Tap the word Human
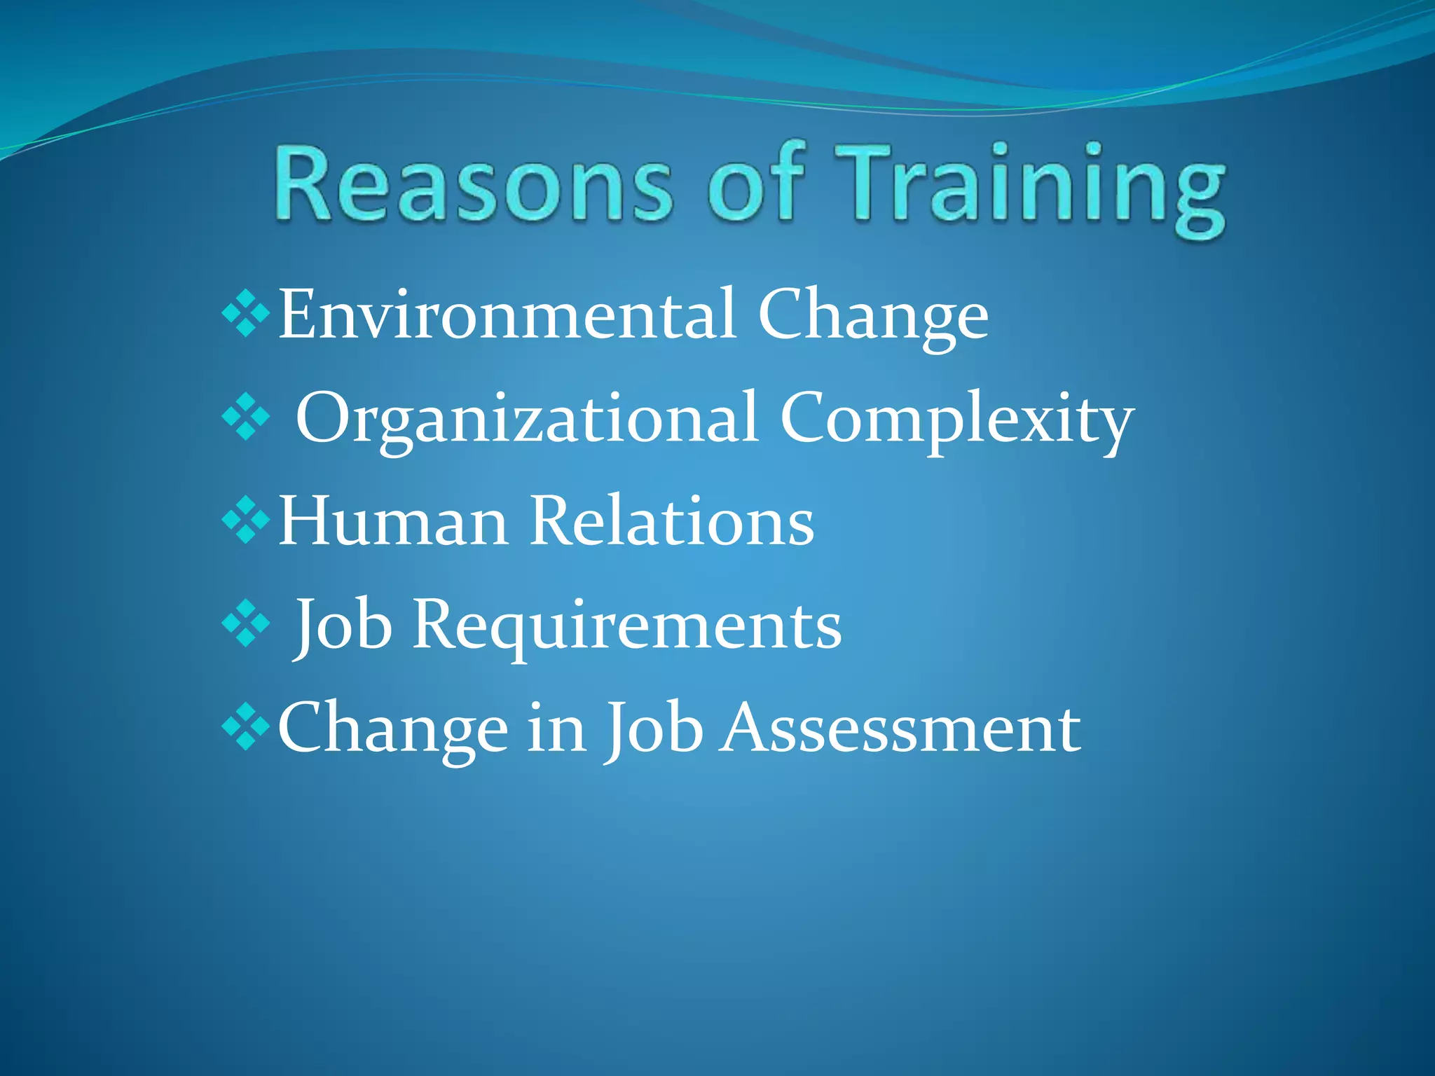(393, 521)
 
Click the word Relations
(672, 521)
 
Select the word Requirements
(627, 626)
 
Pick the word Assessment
(900, 729)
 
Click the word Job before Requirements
(343, 626)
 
